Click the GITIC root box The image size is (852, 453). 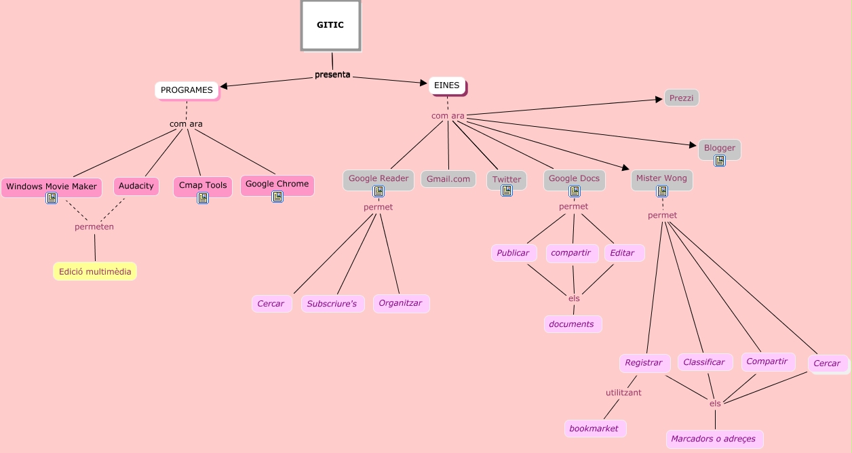pyautogui.click(x=330, y=26)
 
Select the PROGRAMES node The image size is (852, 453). pyautogui.click(x=187, y=90)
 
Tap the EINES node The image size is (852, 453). pyautogui.click(x=447, y=86)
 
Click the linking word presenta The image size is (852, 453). pyautogui.click(x=332, y=75)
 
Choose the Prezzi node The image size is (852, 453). pyautogui.click(x=681, y=98)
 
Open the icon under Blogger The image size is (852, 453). pyautogui.click(x=719, y=161)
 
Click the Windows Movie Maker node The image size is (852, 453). pyautogui.click(x=52, y=187)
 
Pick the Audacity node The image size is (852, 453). pyautogui.click(x=136, y=186)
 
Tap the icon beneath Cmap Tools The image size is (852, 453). pyautogui.click(x=203, y=198)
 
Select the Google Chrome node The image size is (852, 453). pyautogui.click(x=277, y=185)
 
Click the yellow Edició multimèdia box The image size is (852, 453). pyautogui.click(x=95, y=271)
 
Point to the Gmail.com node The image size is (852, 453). pyautogui.click(x=448, y=179)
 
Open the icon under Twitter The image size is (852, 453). pyautogui.click(x=506, y=191)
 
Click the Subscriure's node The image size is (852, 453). pyautogui.click(x=332, y=304)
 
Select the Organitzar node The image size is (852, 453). pyautogui.click(x=402, y=304)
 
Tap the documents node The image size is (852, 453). pyautogui.click(x=573, y=324)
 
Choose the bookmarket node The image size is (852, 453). pyautogui.click(x=595, y=429)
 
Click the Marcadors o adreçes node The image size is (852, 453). pyautogui.click(x=714, y=439)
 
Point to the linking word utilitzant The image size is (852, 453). pyautogui.click(x=623, y=393)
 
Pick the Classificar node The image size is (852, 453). pyautogui.click(x=705, y=362)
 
